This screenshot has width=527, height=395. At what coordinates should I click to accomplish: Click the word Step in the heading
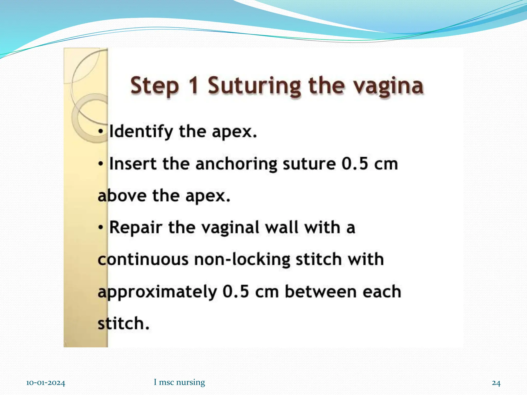pos(155,86)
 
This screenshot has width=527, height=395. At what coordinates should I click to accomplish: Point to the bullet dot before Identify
pos(101,132)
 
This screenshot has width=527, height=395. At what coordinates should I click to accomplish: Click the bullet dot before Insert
pos(101,164)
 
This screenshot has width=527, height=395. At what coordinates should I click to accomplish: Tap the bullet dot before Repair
pos(101,228)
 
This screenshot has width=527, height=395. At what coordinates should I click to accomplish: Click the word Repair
pos(136,228)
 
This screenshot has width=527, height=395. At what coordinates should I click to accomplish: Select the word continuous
pos(143,259)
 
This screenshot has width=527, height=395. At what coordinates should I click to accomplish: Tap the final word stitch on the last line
pos(123,324)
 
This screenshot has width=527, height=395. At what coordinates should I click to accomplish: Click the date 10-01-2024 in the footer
pos(46,383)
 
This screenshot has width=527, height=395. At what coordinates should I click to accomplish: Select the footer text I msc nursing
pos(179,382)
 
